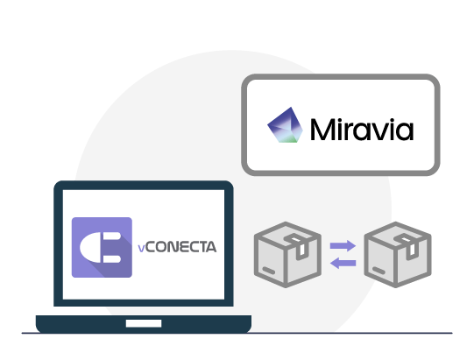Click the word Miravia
point(362,129)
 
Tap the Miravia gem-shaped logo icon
point(285,125)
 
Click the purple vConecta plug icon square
point(102,247)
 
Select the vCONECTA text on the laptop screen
point(177,247)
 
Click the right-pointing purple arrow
point(343,245)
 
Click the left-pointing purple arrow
point(343,263)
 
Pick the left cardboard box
point(287,255)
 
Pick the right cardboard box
point(398,255)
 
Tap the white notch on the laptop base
point(144,323)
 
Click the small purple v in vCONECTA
point(141,249)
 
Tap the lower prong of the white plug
point(111,258)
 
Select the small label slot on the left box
point(269,271)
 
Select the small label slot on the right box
point(378,271)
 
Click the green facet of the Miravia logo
point(292,138)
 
